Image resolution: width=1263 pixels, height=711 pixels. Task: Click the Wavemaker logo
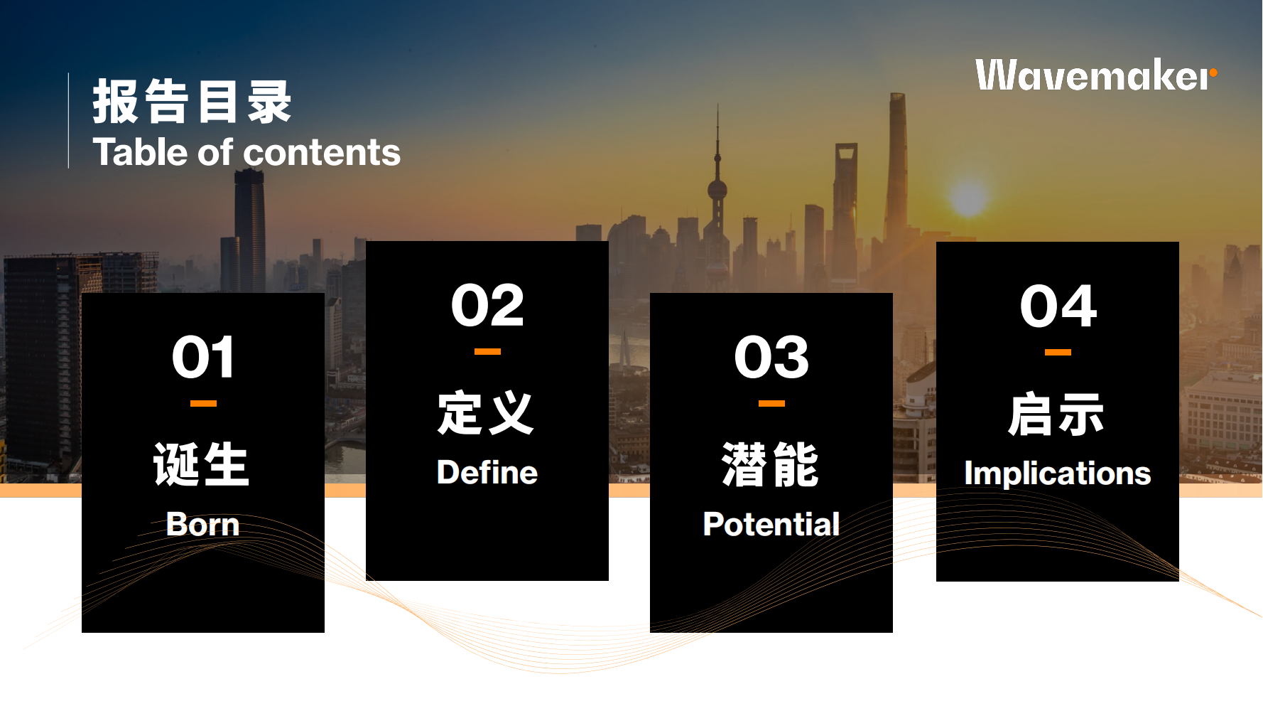coord(1096,75)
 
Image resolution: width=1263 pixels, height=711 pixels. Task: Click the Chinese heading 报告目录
coord(192,102)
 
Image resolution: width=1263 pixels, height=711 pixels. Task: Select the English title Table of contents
coord(246,152)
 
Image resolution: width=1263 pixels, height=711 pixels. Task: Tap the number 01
coord(203,357)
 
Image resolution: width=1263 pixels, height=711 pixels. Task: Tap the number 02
coord(487,306)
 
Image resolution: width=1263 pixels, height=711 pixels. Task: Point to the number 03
coord(771,357)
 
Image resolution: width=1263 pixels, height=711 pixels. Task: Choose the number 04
coord(1058,306)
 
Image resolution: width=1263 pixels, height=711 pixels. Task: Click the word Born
coord(202,525)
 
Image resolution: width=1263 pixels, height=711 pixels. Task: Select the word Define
coord(487,473)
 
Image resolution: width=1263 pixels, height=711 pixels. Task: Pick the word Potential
coord(771,525)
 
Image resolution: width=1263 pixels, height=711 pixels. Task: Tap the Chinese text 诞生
coord(202,464)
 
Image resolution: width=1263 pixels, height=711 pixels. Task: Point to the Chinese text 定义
coord(486,412)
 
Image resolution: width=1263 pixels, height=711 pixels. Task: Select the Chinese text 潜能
coord(771,464)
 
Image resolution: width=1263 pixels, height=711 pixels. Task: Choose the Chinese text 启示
coord(1056,414)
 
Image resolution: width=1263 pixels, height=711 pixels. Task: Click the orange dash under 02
coord(487,351)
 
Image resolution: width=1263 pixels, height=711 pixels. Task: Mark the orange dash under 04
coord(1058,352)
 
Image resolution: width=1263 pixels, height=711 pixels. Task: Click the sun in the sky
coord(968,197)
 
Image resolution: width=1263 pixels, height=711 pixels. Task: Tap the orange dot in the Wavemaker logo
coord(1213,73)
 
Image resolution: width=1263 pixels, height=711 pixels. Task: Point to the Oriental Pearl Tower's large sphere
coord(717,189)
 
